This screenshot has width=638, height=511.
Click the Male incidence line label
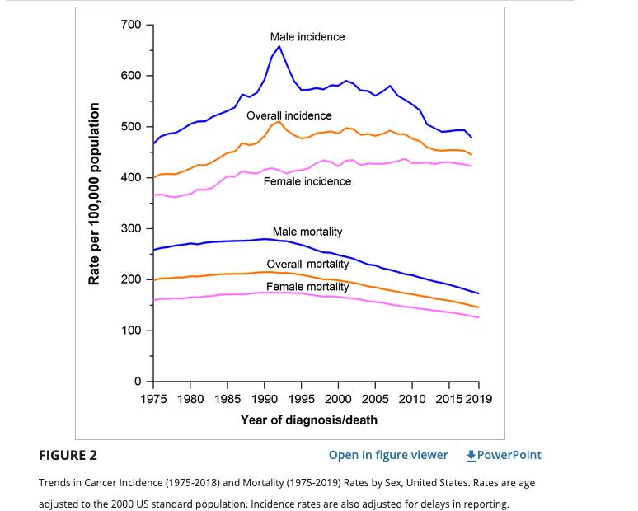[x=307, y=37]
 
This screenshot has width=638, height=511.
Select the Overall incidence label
[x=289, y=116]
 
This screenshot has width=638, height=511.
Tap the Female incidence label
[x=307, y=181]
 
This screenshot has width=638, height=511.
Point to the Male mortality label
[x=307, y=232]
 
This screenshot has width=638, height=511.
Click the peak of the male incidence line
[x=279, y=46]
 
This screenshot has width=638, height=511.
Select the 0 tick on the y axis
[x=138, y=381]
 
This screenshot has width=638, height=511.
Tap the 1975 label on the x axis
[x=153, y=399]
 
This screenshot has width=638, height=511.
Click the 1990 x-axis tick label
[x=264, y=399]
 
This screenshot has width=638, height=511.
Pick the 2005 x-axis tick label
[x=375, y=399]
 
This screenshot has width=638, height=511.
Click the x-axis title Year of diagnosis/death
[x=309, y=420]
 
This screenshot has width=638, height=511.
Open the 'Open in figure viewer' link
[x=388, y=455]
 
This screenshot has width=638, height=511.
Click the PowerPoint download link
[x=504, y=455]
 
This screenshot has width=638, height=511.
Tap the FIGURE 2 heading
[x=68, y=455]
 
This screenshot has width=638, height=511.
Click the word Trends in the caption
[x=55, y=482]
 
